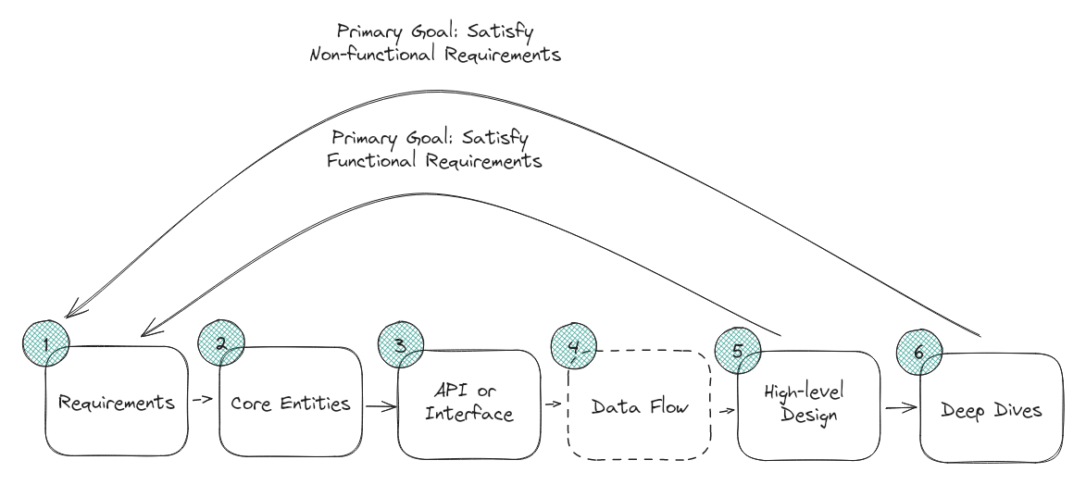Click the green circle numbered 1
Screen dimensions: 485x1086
tap(44, 343)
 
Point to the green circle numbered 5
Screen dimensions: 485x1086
tap(738, 350)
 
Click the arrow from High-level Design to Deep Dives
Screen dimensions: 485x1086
tap(897, 407)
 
